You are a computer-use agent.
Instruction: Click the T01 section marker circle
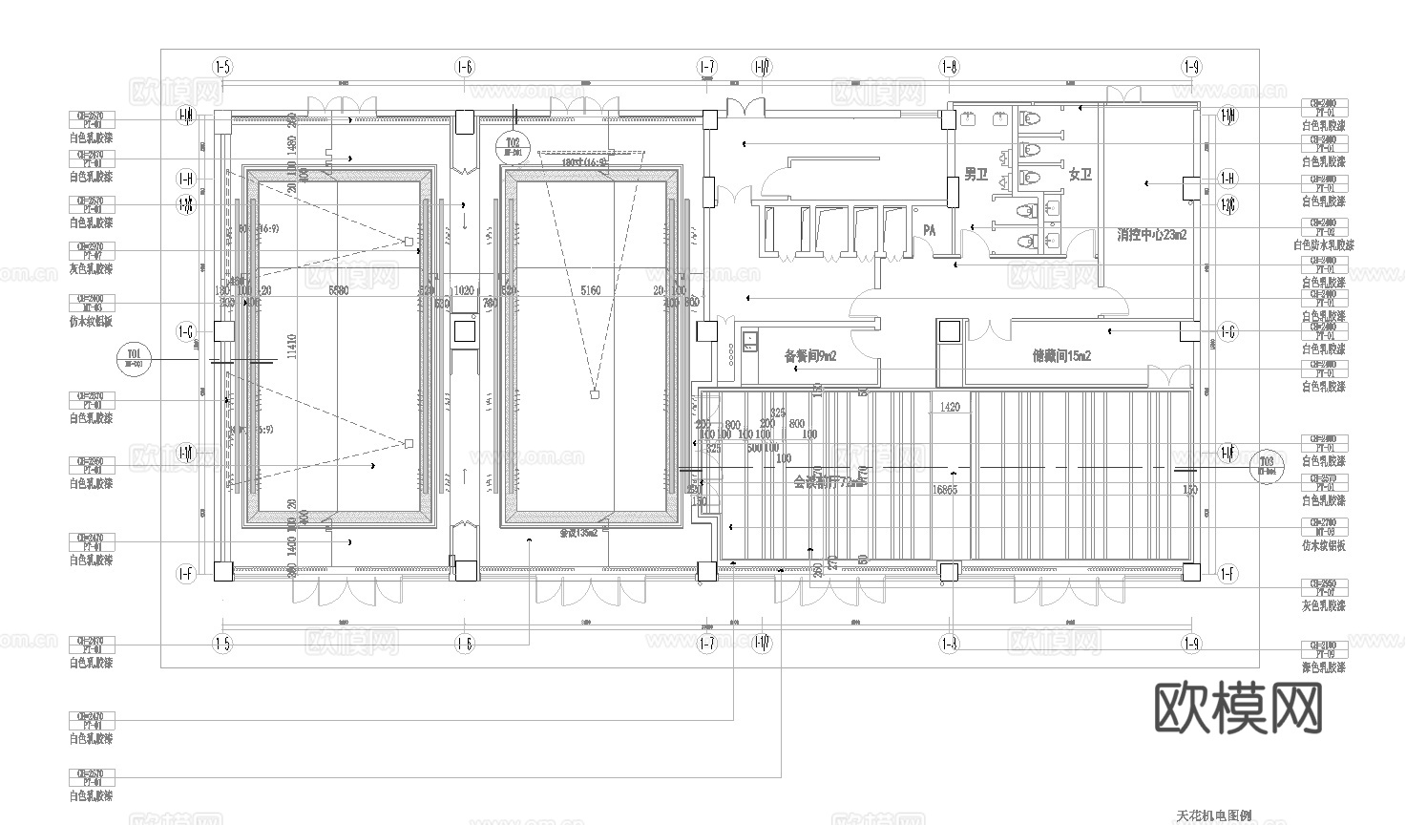tap(136, 359)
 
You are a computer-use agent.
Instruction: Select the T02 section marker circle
tap(514, 146)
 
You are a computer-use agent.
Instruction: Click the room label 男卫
tap(975, 175)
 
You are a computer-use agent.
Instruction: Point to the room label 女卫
tap(1080, 175)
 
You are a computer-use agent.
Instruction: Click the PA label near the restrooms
tap(930, 231)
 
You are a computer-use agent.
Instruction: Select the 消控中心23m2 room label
tap(1152, 234)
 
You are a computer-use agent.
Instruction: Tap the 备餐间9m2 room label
tap(809, 356)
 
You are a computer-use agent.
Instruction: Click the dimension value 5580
tap(338, 290)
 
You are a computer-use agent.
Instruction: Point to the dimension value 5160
tap(591, 290)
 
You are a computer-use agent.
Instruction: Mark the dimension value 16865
tap(944, 489)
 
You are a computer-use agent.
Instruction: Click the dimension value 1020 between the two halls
tap(464, 290)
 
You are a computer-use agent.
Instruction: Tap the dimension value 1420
tap(949, 408)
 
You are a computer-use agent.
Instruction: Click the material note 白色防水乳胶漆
tap(1323, 245)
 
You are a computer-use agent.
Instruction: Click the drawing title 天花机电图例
tap(1213, 816)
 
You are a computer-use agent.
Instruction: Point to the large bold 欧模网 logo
tap(1238, 708)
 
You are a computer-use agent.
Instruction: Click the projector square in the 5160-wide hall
tap(594, 393)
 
